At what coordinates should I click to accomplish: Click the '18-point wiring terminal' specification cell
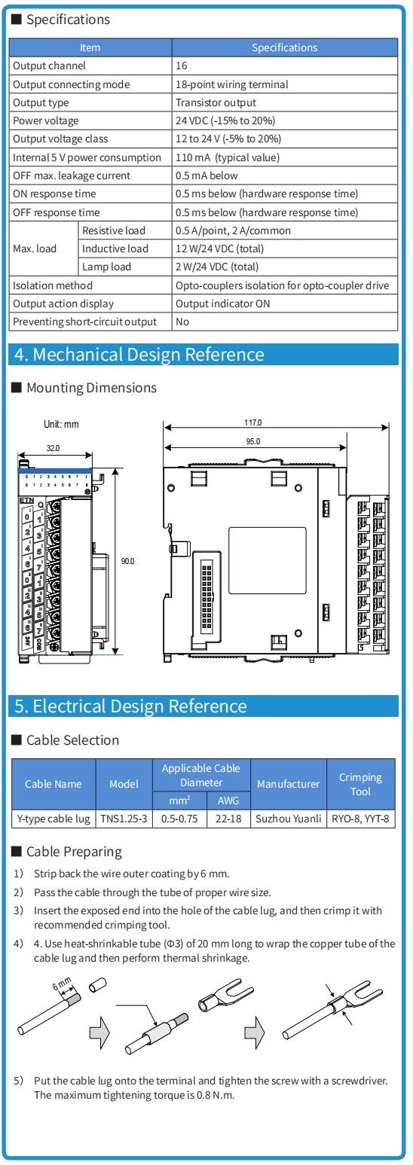coord(232,84)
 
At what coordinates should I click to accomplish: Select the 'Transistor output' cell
coord(216,102)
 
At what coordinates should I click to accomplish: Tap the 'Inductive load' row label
coord(115,249)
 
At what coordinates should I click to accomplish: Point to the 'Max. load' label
coord(35,249)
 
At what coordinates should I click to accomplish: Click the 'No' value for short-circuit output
coord(182,322)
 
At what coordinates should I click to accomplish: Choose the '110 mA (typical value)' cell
coord(228,157)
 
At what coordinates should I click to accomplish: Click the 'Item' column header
coord(90,47)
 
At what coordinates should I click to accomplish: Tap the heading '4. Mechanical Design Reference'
coord(139,354)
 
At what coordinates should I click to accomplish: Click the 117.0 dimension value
coord(253,422)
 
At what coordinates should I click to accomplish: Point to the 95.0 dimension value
coord(253,441)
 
